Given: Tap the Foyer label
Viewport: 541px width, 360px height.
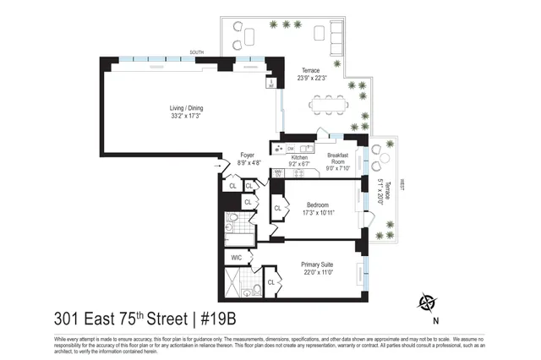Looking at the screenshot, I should coord(247,155).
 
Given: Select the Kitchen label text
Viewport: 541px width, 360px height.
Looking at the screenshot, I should coord(300,158).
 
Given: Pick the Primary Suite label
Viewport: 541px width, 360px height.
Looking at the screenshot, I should coord(318,264).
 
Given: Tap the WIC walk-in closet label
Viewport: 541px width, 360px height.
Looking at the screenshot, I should coord(236,257).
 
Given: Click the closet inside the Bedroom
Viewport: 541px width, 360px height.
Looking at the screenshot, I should coord(277,206).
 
